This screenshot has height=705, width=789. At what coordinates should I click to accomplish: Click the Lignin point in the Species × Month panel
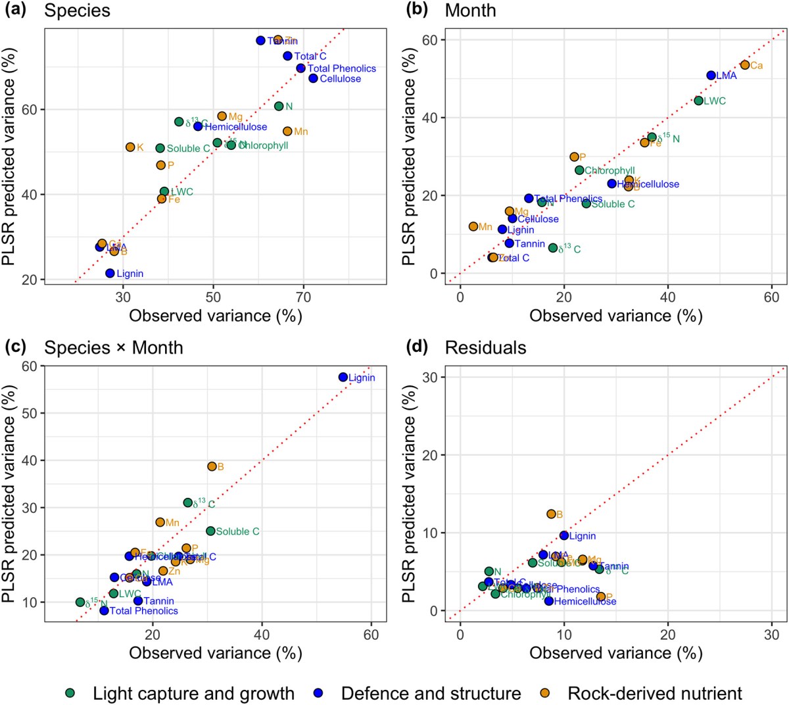click(x=343, y=377)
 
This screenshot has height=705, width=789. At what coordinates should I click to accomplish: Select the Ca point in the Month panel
click(x=744, y=64)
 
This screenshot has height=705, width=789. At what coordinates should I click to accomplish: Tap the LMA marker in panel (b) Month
click(x=711, y=75)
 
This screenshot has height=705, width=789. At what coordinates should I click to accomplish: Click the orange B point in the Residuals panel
click(x=551, y=514)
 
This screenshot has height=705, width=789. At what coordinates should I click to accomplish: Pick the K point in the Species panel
click(x=130, y=147)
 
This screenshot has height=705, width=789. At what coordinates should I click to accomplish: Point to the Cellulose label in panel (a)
click(x=340, y=79)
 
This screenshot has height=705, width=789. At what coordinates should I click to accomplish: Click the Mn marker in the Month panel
click(x=473, y=226)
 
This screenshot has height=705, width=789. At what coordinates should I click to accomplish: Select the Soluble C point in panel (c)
click(x=210, y=531)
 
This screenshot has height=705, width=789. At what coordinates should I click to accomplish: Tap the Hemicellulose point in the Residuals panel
click(x=549, y=600)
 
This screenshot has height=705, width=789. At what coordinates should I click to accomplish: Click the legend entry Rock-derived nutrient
click(x=654, y=693)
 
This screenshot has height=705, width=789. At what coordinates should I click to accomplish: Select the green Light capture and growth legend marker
click(x=71, y=693)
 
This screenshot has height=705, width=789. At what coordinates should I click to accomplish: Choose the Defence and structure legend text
click(x=431, y=693)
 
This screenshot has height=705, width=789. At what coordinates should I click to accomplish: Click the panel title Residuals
click(x=485, y=347)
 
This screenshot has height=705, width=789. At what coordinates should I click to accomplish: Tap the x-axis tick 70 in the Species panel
click(x=304, y=297)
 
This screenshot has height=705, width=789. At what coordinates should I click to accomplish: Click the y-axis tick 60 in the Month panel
click(x=430, y=40)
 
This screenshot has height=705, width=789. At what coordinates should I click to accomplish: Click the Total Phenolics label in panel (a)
click(x=341, y=68)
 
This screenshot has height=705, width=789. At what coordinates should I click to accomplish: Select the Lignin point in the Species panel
click(x=110, y=273)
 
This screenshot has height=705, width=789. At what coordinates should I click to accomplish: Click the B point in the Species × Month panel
click(x=212, y=466)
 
